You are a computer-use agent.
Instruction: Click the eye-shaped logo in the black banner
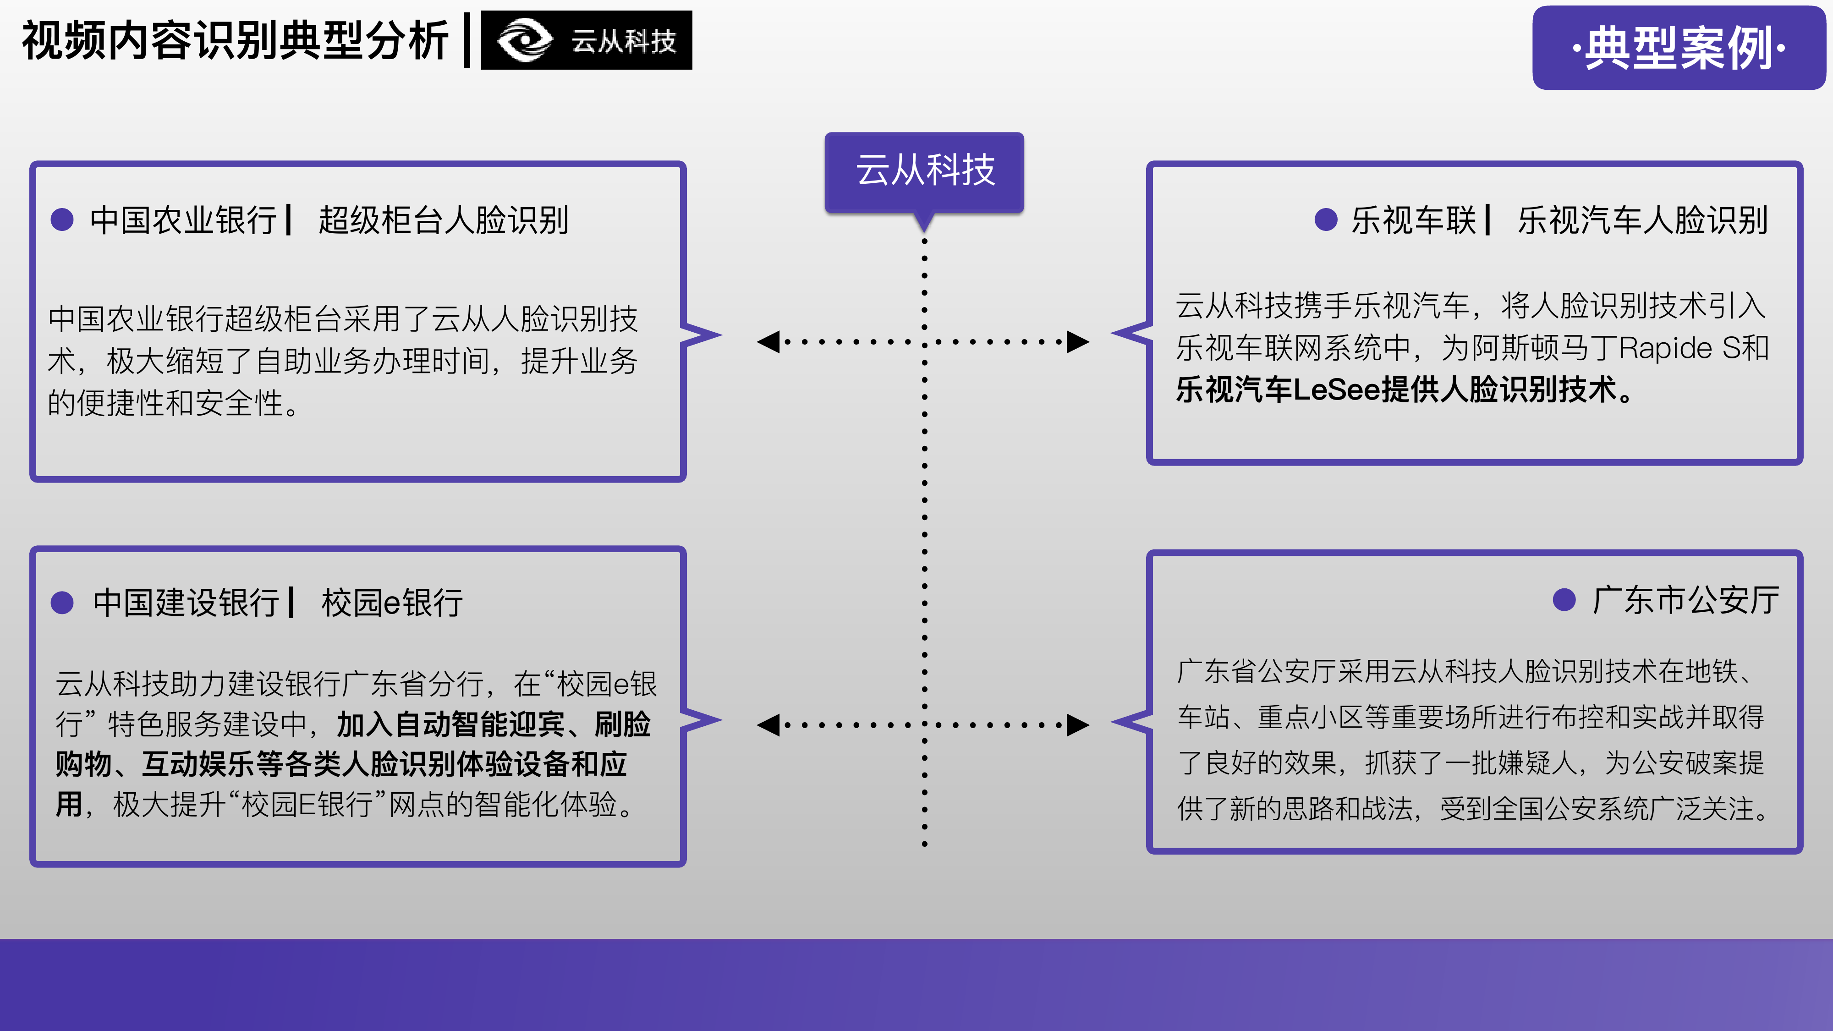524,41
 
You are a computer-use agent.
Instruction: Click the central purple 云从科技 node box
924,171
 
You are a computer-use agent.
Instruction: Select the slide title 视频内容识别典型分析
235,41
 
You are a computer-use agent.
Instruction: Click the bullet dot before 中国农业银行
63,220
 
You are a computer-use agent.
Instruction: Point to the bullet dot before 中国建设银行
63,603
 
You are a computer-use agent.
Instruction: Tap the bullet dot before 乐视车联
1326,220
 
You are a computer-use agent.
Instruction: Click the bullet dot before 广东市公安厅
1564,600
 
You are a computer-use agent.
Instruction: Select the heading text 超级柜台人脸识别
443,220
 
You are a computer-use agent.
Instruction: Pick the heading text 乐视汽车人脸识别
1642,220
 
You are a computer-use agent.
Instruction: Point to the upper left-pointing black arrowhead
768,341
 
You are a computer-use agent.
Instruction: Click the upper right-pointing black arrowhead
1078,341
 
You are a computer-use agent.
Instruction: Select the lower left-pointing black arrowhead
768,725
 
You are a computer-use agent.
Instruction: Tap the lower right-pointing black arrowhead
1078,725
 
